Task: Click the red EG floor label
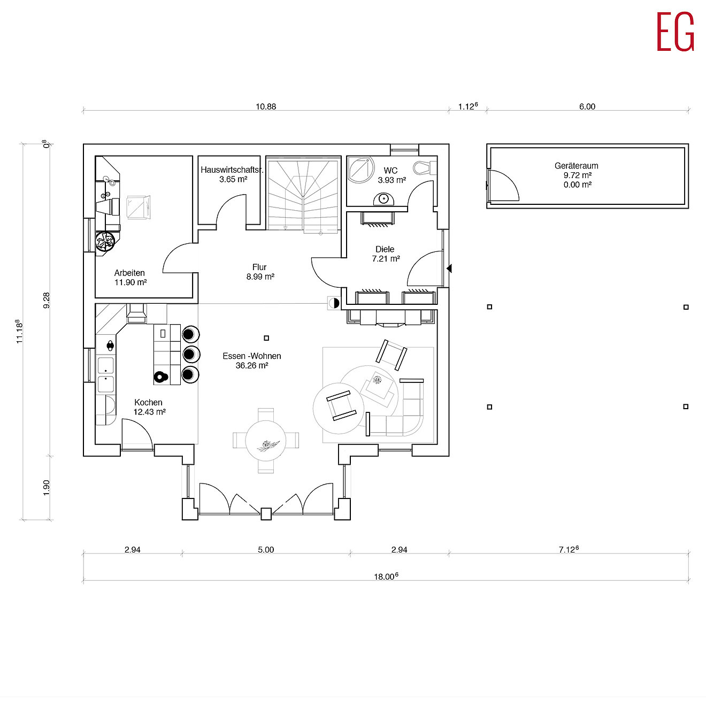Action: click(x=675, y=32)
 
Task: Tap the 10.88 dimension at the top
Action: click(x=266, y=106)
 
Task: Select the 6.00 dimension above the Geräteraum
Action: click(x=587, y=106)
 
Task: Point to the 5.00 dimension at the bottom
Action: click(x=266, y=550)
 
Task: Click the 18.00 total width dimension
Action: click(x=386, y=577)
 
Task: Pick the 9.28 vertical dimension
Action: click(x=47, y=300)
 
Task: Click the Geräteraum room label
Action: click(x=576, y=166)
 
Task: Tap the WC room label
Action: click(x=390, y=171)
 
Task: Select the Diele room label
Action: click(x=385, y=249)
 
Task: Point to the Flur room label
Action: click(x=259, y=267)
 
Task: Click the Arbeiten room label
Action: click(x=129, y=273)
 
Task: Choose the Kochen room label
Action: click(x=148, y=402)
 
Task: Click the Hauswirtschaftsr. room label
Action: click(x=232, y=170)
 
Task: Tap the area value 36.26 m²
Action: click(x=252, y=365)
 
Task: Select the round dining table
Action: click(x=266, y=440)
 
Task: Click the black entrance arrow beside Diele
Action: click(x=449, y=268)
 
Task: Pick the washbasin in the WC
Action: click(x=383, y=199)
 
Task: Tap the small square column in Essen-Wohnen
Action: click(x=266, y=338)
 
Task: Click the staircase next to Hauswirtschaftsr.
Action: click(x=303, y=195)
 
